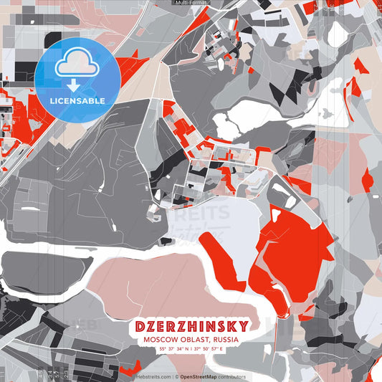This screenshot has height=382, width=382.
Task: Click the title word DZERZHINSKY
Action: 190,326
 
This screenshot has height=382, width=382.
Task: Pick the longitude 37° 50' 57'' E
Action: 208,349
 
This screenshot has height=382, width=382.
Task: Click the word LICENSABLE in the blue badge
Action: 77,100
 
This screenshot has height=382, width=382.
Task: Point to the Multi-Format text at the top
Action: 190,3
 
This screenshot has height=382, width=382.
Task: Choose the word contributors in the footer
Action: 229,376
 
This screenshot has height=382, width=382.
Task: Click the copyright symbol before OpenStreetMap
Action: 176,376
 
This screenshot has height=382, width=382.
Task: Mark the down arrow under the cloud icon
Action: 74,85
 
